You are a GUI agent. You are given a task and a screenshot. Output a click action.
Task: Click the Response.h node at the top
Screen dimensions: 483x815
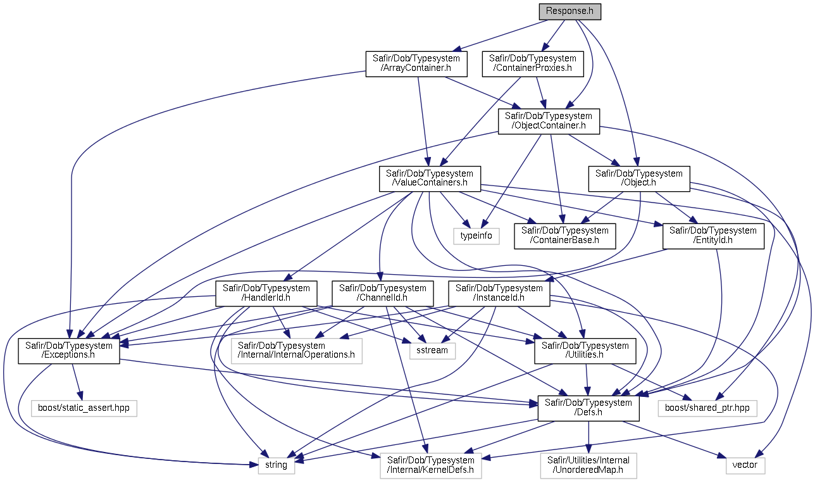coord(569,11)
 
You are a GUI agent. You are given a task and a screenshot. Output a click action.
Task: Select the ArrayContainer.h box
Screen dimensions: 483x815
coord(416,63)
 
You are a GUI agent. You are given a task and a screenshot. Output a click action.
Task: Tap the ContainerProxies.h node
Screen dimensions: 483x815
coord(533,63)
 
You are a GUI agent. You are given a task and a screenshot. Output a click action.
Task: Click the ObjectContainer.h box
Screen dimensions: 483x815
coord(549,121)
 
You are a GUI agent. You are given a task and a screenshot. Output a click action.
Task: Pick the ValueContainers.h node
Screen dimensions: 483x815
coord(430,179)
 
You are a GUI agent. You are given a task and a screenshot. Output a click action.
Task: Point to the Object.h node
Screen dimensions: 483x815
coord(639,179)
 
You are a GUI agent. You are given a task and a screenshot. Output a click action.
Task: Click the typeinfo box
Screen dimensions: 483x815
coord(476,236)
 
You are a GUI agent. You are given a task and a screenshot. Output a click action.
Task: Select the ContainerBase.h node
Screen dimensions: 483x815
coord(564,236)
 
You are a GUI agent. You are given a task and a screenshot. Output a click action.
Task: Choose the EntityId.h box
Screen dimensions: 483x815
coord(713,236)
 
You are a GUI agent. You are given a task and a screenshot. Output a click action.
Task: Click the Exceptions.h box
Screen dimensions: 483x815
coord(68,351)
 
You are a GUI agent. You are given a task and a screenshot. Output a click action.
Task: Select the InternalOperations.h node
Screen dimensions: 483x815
coord(296,351)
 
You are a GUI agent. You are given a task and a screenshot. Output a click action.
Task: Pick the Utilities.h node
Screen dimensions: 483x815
coord(585,351)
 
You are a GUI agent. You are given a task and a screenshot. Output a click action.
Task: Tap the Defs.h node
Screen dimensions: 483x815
coord(588,408)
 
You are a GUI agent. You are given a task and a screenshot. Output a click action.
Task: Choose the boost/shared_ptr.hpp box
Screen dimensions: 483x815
coord(707,408)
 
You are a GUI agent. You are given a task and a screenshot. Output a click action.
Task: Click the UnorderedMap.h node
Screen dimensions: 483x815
coord(588,465)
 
